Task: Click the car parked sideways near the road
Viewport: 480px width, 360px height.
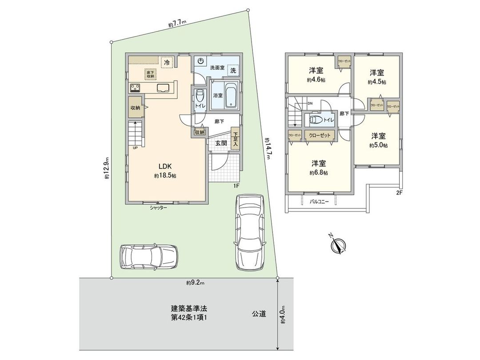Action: pos(148,256)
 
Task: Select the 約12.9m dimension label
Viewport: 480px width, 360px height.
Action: pos(107,169)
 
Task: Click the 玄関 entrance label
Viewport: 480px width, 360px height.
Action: pos(221,143)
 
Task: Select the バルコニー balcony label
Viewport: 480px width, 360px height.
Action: pos(319,201)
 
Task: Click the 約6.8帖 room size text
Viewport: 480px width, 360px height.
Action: pos(320,172)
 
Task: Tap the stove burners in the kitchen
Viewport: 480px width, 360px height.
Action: pos(135,87)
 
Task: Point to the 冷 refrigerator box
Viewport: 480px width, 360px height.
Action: pos(167,63)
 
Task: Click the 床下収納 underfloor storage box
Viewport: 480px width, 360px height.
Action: pos(149,74)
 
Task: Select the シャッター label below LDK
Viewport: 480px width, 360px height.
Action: pos(158,208)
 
